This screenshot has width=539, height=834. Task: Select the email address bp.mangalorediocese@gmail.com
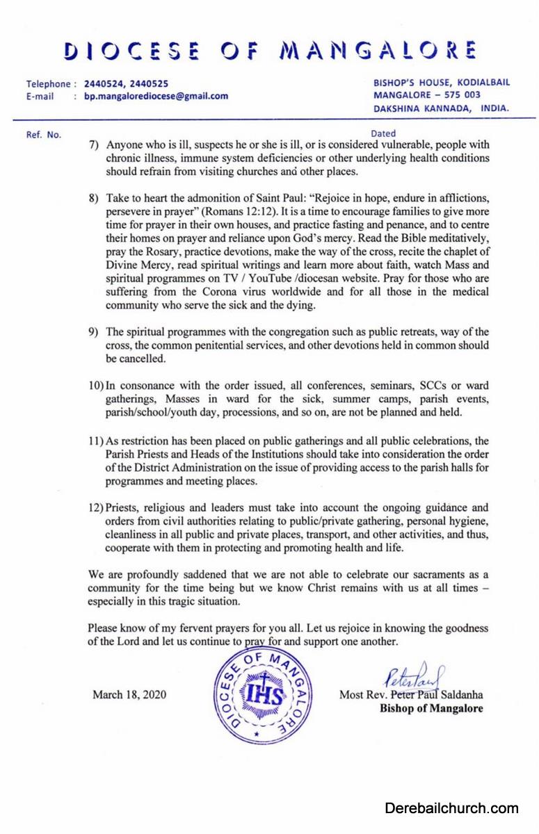156,96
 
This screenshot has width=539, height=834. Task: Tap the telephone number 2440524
106,83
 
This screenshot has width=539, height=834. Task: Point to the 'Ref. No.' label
44,134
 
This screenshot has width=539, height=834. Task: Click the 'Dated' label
383,133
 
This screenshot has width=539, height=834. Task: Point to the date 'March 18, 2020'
129,694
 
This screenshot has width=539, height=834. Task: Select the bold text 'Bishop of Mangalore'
431,709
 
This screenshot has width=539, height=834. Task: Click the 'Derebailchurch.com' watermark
451,808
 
